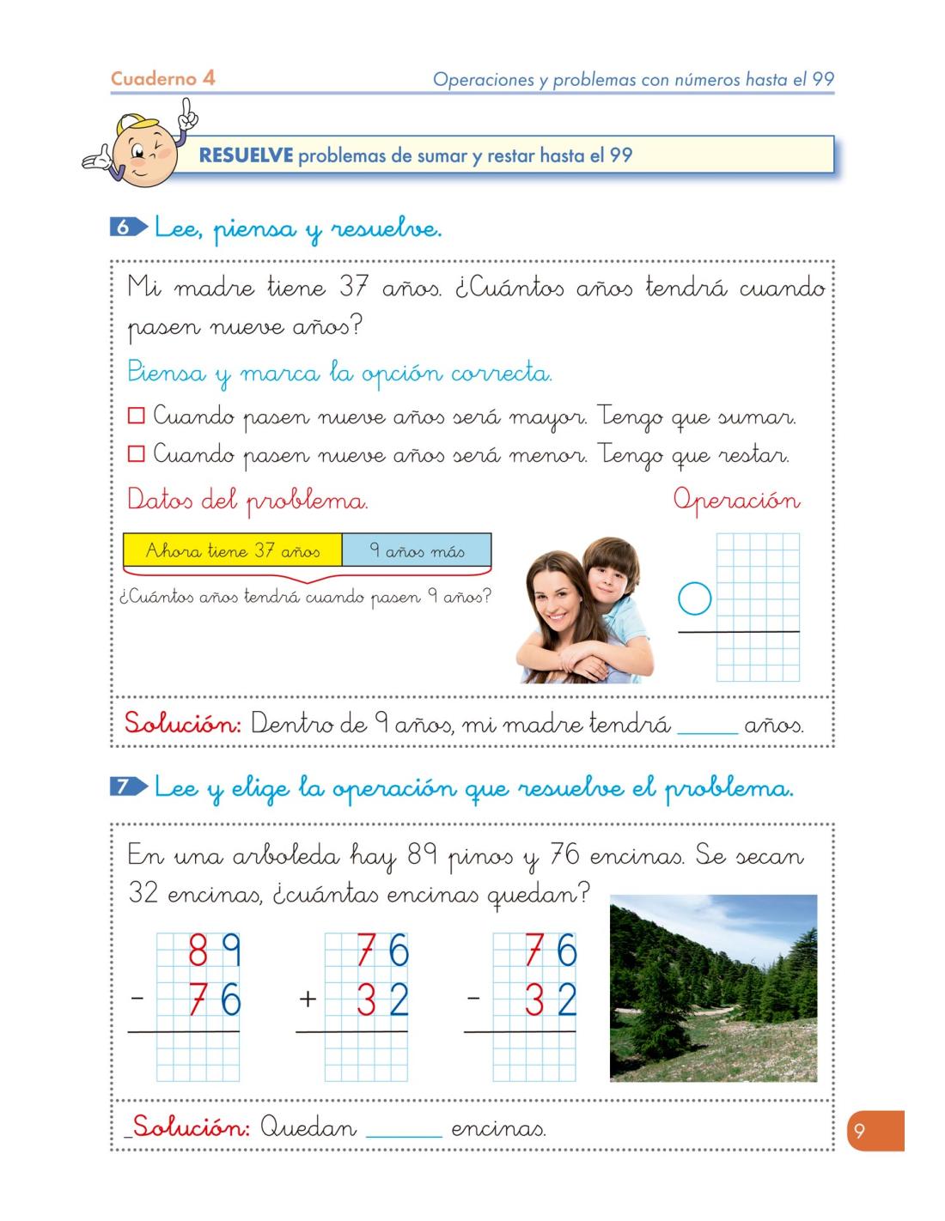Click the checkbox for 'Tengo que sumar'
click(x=136, y=417)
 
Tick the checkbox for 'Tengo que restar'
click(x=136, y=454)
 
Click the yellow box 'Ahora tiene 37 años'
click(x=233, y=550)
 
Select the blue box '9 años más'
click(x=417, y=550)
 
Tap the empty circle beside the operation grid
click(x=695, y=598)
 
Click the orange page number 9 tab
click(x=875, y=1132)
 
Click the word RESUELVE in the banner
click(x=246, y=156)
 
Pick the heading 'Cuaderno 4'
click(x=162, y=79)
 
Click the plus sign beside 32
click(x=308, y=999)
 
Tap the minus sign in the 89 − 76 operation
click(x=137, y=999)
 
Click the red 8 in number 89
click(x=198, y=951)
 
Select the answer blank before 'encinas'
click(x=404, y=1129)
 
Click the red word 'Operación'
click(x=736, y=500)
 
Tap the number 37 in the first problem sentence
click(x=353, y=288)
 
